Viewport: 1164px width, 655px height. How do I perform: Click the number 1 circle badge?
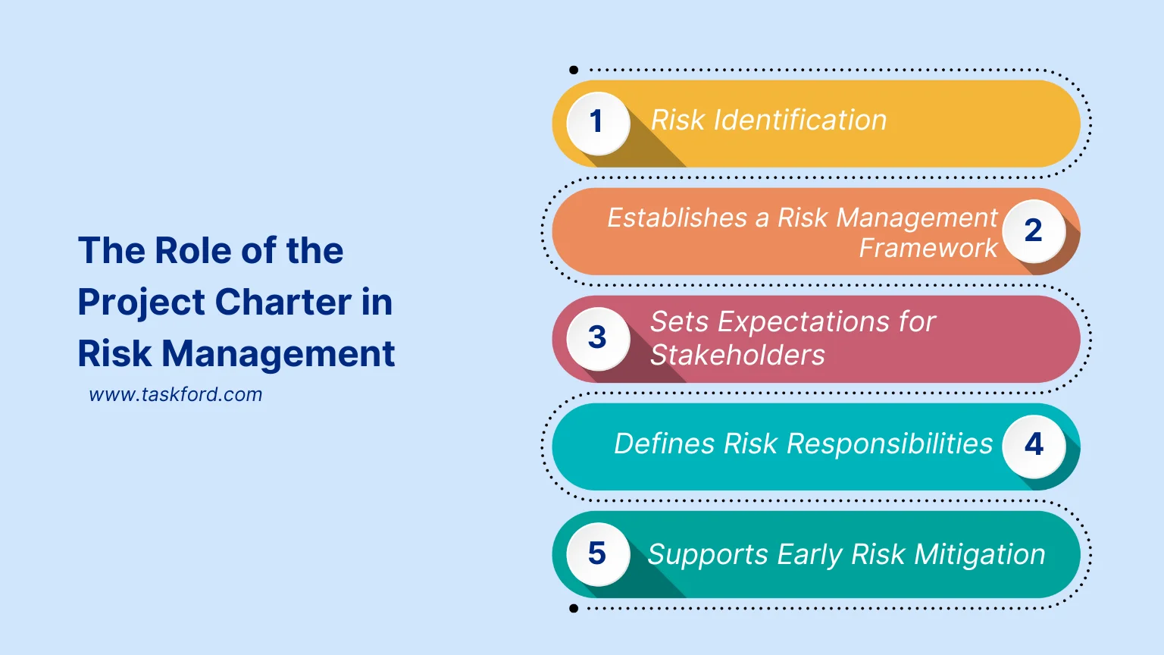point(598,123)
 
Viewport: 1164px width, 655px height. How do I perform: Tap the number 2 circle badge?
point(1034,230)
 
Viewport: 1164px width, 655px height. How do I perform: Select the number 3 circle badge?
point(598,338)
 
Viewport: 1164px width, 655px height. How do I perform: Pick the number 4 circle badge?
point(1034,446)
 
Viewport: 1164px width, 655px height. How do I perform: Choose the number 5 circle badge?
point(598,554)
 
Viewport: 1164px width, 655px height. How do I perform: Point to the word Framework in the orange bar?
point(928,249)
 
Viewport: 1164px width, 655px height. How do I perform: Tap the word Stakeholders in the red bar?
point(737,356)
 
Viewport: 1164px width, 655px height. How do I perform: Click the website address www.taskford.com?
point(176,395)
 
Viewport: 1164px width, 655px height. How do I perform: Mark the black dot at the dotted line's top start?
point(574,71)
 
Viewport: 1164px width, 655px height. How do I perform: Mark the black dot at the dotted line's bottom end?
point(574,609)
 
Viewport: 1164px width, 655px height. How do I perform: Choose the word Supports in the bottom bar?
point(708,555)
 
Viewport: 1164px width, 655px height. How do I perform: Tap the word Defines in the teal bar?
point(664,444)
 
